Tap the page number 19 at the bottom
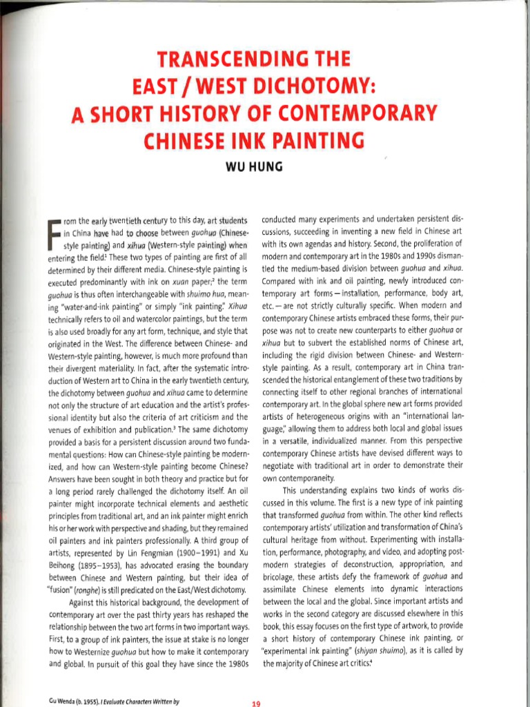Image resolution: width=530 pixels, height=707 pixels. tap(256, 704)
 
